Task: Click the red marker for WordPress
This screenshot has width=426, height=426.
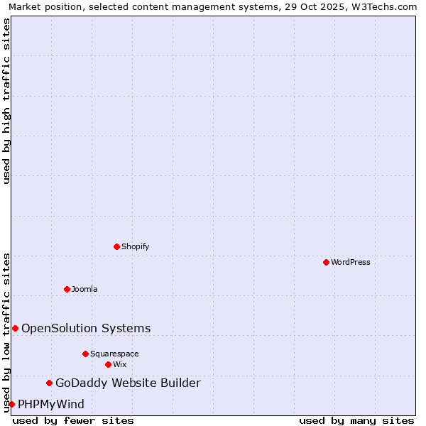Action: [326, 262]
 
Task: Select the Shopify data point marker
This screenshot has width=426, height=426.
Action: [117, 246]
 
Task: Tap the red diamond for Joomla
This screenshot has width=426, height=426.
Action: [67, 289]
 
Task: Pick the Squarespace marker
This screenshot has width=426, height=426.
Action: [86, 354]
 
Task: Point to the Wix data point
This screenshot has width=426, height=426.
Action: [109, 364]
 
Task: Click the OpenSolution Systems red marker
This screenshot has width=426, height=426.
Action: [16, 328]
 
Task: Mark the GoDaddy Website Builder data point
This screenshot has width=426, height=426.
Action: [50, 383]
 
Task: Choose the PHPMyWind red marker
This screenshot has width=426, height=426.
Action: [12, 404]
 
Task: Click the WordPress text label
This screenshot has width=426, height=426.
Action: [351, 262]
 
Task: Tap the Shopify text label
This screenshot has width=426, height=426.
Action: [136, 246]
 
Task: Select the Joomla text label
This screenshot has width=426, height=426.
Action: [84, 289]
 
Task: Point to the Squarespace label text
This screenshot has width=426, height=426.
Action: [114, 354]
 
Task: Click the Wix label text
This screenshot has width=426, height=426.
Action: [120, 364]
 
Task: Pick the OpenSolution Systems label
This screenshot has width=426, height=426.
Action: [86, 328]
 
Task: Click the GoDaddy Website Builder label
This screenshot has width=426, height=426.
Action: [128, 383]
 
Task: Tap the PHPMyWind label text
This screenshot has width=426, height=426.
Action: [51, 405]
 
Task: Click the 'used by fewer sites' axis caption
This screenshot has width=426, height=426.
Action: [73, 420]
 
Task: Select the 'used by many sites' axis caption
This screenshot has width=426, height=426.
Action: [356, 420]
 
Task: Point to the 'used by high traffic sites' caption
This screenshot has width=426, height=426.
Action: [6, 101]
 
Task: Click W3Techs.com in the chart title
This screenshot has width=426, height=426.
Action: [383, 6]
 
